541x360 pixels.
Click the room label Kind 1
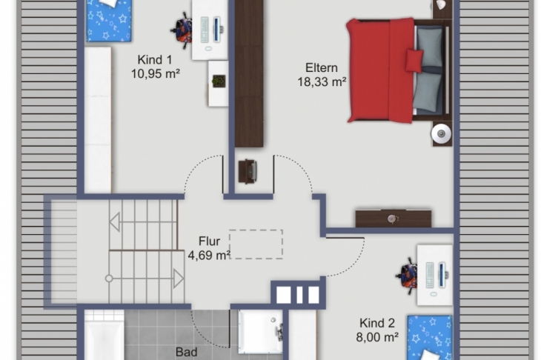155,60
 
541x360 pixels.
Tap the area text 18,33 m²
322,81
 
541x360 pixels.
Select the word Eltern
322,67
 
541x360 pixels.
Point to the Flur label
209,241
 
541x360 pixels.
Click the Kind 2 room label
376,323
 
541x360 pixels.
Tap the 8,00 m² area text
377,337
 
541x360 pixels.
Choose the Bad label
186,352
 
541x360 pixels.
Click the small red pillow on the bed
414,60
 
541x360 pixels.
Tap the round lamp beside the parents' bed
441,133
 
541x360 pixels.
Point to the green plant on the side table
219,81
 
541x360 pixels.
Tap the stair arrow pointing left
115,221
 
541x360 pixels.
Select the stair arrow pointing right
179,279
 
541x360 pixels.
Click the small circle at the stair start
109,279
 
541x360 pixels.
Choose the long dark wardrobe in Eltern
249,73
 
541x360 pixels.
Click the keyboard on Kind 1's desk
205,30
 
